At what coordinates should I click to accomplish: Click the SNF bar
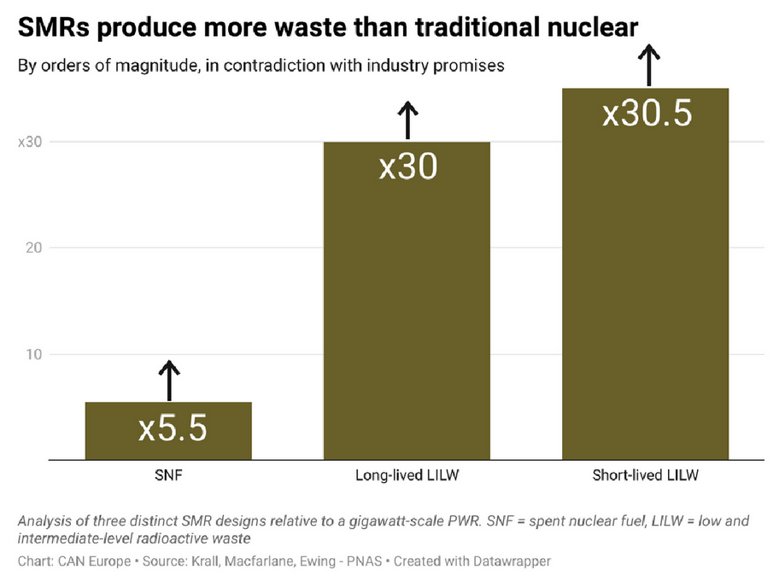tap(168, 431)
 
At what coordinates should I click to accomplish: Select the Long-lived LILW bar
tap(407, 300)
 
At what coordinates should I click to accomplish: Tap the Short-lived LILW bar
tap(646, 274)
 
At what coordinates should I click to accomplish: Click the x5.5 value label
tap(173, 428)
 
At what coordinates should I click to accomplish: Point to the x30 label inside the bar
tap(408, 166)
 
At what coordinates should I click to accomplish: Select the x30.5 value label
tap(647, 113)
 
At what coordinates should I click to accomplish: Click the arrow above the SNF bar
tap(169, 380)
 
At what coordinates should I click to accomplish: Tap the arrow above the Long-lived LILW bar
tap(408, 120)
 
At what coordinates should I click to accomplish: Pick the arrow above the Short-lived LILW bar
tap(648, 66)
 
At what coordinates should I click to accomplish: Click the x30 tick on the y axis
tap(30, 142)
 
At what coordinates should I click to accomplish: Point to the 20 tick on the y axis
tap(34, 247)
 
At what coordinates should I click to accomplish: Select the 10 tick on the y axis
tap(34, 354)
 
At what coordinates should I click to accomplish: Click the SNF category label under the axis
tap(168, 475)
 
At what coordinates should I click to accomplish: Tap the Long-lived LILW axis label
tap(407, 475)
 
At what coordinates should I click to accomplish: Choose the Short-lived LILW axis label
tap(646, 475)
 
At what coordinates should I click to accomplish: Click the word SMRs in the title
tap(54, 27)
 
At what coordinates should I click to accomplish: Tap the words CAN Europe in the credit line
tap(95, 561)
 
